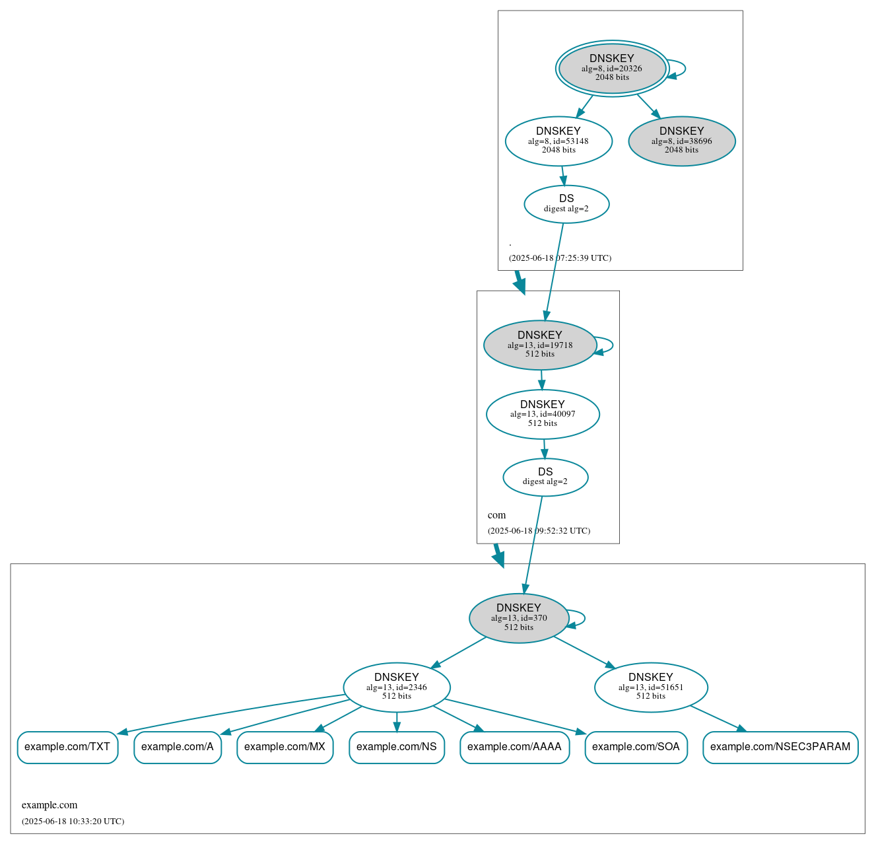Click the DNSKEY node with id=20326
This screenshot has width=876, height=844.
(612, 68)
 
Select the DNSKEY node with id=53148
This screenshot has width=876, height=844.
(558, 141)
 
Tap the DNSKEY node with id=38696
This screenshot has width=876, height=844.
(681, 141)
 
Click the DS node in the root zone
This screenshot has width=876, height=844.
(566, 204)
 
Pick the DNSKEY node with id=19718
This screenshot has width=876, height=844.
(540, 345)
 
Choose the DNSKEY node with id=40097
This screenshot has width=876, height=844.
(543, 414)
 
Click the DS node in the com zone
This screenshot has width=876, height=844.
(545, 477)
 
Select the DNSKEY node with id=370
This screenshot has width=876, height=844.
(519, 617)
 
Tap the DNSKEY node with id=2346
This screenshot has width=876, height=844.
(397, 687)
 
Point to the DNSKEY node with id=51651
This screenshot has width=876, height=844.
(651, 687)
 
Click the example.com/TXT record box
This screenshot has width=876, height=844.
(67, 747)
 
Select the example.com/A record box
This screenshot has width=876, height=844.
(178, 747)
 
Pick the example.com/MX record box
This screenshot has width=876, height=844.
(285, 747)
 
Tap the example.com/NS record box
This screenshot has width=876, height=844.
(397, 747)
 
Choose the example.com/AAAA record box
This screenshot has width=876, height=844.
(514, 747)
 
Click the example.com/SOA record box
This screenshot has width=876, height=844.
(636, 747)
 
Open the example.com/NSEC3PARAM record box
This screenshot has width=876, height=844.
(780, 747)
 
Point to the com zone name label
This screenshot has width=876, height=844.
(496, 515)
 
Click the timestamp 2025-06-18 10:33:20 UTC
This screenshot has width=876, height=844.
(73, 822)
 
